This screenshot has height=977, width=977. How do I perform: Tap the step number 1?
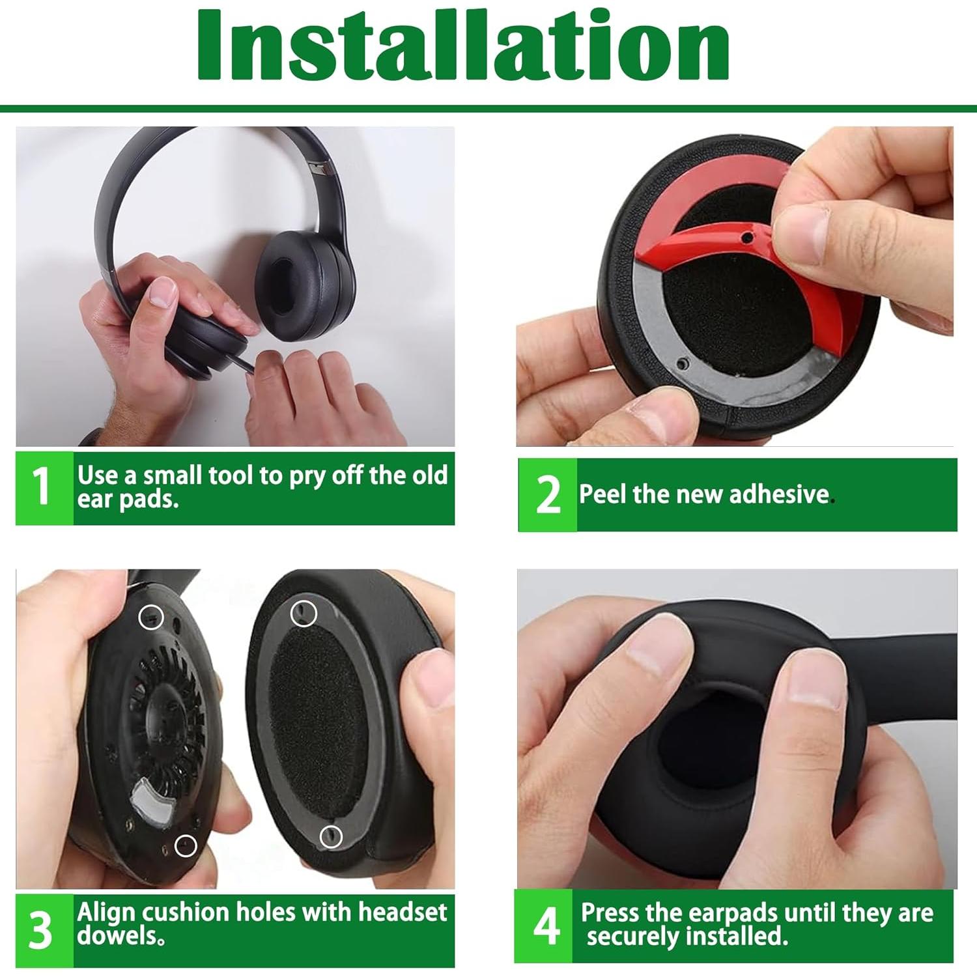click(x=42, y=487)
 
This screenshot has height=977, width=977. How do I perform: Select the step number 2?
click(x=548, y=495)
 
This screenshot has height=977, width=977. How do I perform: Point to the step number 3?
click(x=41, y=930)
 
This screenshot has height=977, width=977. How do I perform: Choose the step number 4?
click(x=546, y=926)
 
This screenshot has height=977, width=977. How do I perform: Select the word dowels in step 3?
click(x=117, y=936)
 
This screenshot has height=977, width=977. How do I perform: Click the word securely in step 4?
click(x=632, y=937)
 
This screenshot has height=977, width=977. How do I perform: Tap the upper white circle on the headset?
click(x=151, y=617)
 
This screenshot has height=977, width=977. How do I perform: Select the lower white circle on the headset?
click(x=186, y=845)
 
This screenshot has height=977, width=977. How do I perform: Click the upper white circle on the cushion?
click(x=303, y=614)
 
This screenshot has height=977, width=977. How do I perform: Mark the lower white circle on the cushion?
click(x=331, y=836)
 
